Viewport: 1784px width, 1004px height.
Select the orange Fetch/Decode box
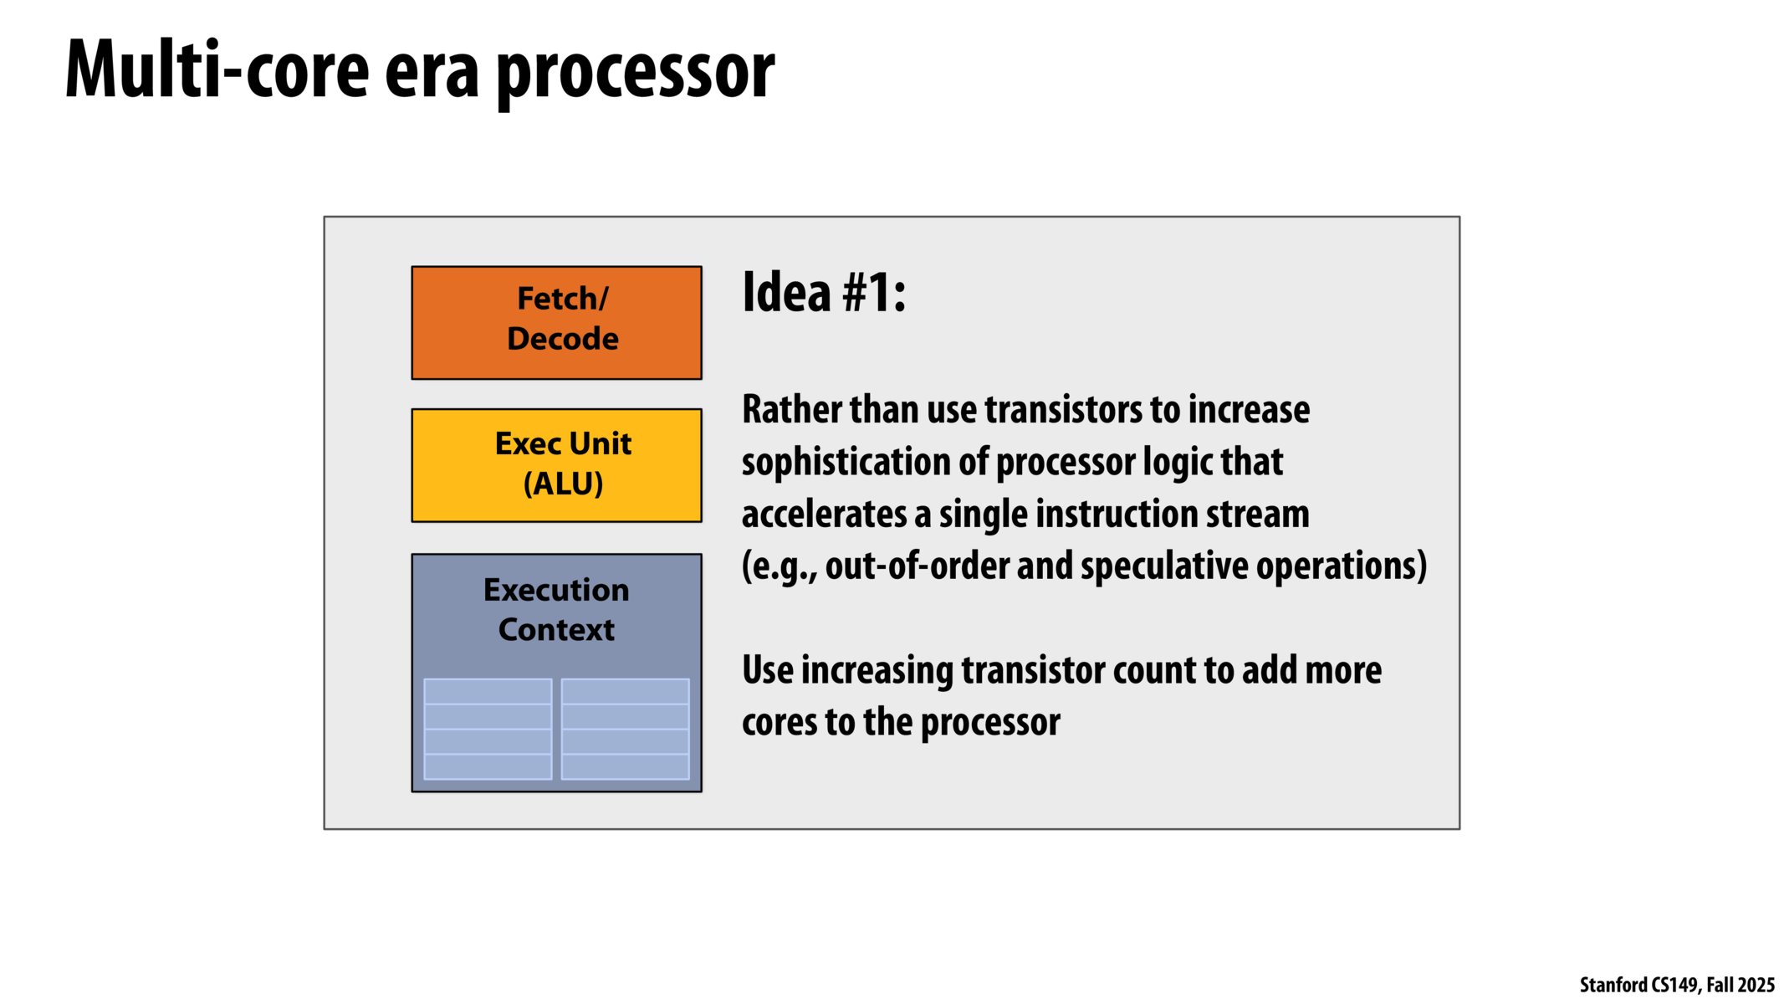(x=556, y=323)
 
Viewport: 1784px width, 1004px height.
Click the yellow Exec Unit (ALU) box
(x=556, y=465)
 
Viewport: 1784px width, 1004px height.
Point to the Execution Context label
(x=556, y=609)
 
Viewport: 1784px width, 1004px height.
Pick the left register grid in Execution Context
(x=488, y=729)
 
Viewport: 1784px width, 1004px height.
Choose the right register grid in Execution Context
(x=625, y=729)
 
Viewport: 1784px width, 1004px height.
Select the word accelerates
(x=824, y=514)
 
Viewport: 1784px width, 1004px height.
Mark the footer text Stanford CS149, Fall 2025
(x=1677, y=986)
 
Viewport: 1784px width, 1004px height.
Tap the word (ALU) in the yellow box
(x=563, y=484)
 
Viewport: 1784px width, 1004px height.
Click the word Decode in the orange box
(x=563, y=339)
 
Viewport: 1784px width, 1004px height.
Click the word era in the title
(x=432, y=74)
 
